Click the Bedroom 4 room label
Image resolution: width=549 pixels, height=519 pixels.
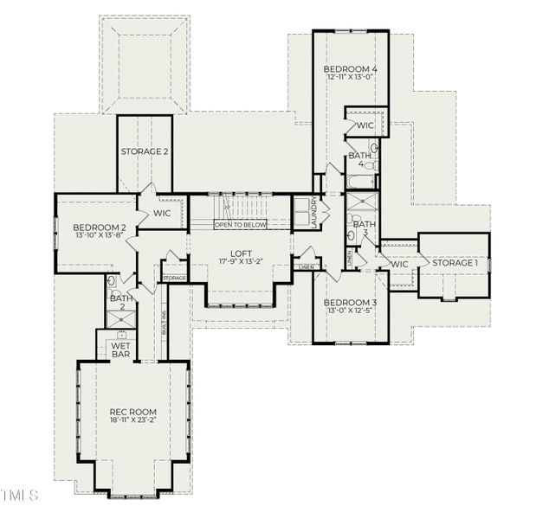pos(351,69)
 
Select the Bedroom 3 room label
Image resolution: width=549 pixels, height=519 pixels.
pos(350,303)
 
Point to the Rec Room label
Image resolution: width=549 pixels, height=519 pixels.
pos(132,412)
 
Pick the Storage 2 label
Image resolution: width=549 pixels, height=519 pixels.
pos(145,151)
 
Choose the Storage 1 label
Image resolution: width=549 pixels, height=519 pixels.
pos(455,263)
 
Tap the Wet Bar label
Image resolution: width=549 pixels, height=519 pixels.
pos(119,350)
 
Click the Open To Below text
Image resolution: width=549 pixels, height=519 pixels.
pos(241,225)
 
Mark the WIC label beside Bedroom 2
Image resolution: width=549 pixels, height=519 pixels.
pos(162,213)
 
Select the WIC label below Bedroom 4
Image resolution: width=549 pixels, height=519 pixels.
pos(365,126)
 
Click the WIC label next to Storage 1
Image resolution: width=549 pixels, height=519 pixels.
pos(399,265)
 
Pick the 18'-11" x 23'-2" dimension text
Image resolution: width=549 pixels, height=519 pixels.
pos(132,421)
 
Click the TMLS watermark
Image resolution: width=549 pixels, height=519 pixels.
pos(21,496)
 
